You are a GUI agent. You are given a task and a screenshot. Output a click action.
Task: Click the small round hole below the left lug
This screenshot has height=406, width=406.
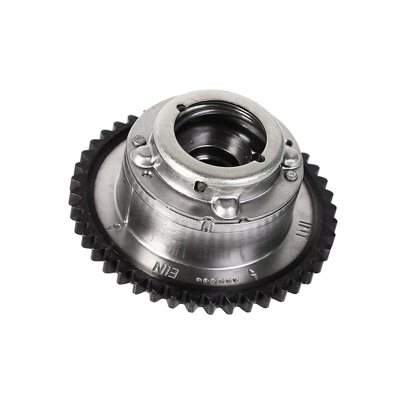[146, 174]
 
